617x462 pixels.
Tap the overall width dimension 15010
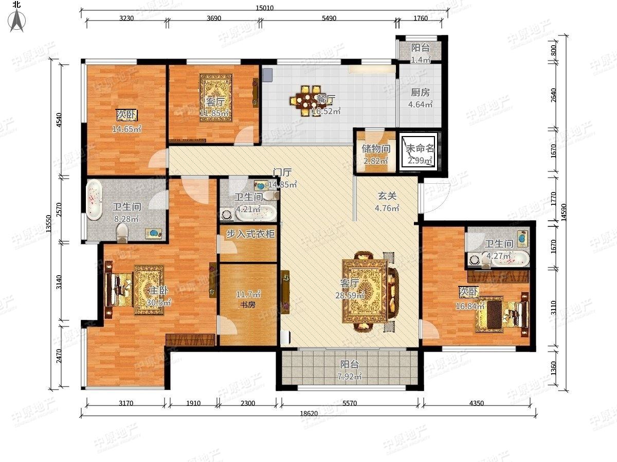[x=264, y=8]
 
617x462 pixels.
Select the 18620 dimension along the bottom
[x=308, y=413]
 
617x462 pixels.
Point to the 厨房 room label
[x=420, y=92]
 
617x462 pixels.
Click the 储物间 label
[x=376, y=148]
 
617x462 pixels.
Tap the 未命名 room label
[x=420, y=148]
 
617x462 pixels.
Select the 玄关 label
[x=387, y=196]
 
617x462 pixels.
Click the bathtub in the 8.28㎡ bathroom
[x=94, y=200]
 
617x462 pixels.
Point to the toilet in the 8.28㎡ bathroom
[x=122, y=232]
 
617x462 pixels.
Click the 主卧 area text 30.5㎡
[x=159, y=303]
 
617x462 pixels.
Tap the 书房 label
[x=248, y=304]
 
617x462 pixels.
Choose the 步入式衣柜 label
[x=250, y=234]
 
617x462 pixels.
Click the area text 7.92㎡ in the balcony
[x=350, y=376]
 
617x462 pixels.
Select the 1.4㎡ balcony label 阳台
[x=420, y=48]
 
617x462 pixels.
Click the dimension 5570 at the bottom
[x=350, y=403]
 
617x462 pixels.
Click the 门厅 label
[x=282, y=172]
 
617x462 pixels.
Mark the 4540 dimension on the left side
[x=59, y=120]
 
